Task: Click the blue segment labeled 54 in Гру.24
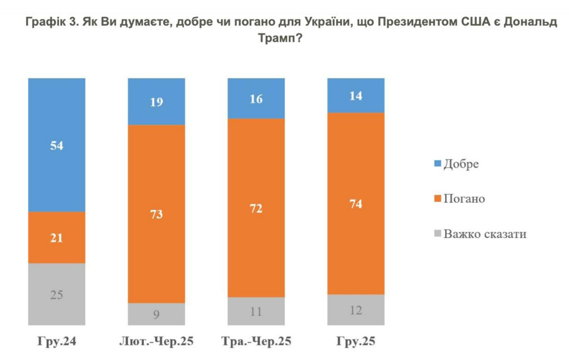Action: (57, 145)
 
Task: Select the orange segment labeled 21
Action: (57, 238)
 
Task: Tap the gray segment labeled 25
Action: (57, 294)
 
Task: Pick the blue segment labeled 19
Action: (156, 102)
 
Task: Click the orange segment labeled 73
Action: (156, 214)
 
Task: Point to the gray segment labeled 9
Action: (156, 314)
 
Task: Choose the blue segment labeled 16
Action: (256, 99)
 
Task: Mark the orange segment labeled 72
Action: (256, 208)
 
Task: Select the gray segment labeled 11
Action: (256, 312)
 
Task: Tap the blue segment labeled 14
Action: (356, 95)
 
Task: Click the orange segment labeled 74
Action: (356, 203)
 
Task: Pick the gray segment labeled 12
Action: (356, 310)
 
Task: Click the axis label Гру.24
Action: (57, 341)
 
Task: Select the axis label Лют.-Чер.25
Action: (156, 341)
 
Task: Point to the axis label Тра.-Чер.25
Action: (256, 341)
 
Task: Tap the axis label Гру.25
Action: (356, 341)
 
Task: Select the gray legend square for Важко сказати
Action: (438, 233)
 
